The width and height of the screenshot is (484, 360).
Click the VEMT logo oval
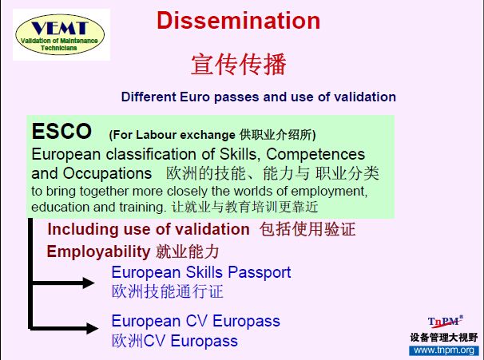[60, 34]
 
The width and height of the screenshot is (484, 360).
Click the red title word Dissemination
[238, 21]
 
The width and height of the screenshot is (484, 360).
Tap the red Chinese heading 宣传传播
[239, 64]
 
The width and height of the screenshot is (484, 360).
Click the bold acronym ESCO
[61, 131]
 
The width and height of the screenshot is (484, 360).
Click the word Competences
[315, 154]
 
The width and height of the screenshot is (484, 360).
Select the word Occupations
[107, 173]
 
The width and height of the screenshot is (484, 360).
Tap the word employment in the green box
[329, 192]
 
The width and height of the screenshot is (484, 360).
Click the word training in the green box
[143, 208]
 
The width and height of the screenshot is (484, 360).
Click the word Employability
[98, 251]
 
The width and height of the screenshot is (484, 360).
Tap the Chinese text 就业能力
[188, 251]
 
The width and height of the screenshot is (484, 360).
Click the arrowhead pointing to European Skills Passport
[89, 283]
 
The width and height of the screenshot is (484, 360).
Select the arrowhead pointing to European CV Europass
[92, 328]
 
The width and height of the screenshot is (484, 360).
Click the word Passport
[260, 273]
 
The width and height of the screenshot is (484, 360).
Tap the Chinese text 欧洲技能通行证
[167, 291]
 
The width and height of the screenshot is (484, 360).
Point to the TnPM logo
[445, 322]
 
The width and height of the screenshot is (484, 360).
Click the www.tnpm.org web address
[444, 350]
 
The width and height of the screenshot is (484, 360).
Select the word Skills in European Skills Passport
[204, 272]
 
